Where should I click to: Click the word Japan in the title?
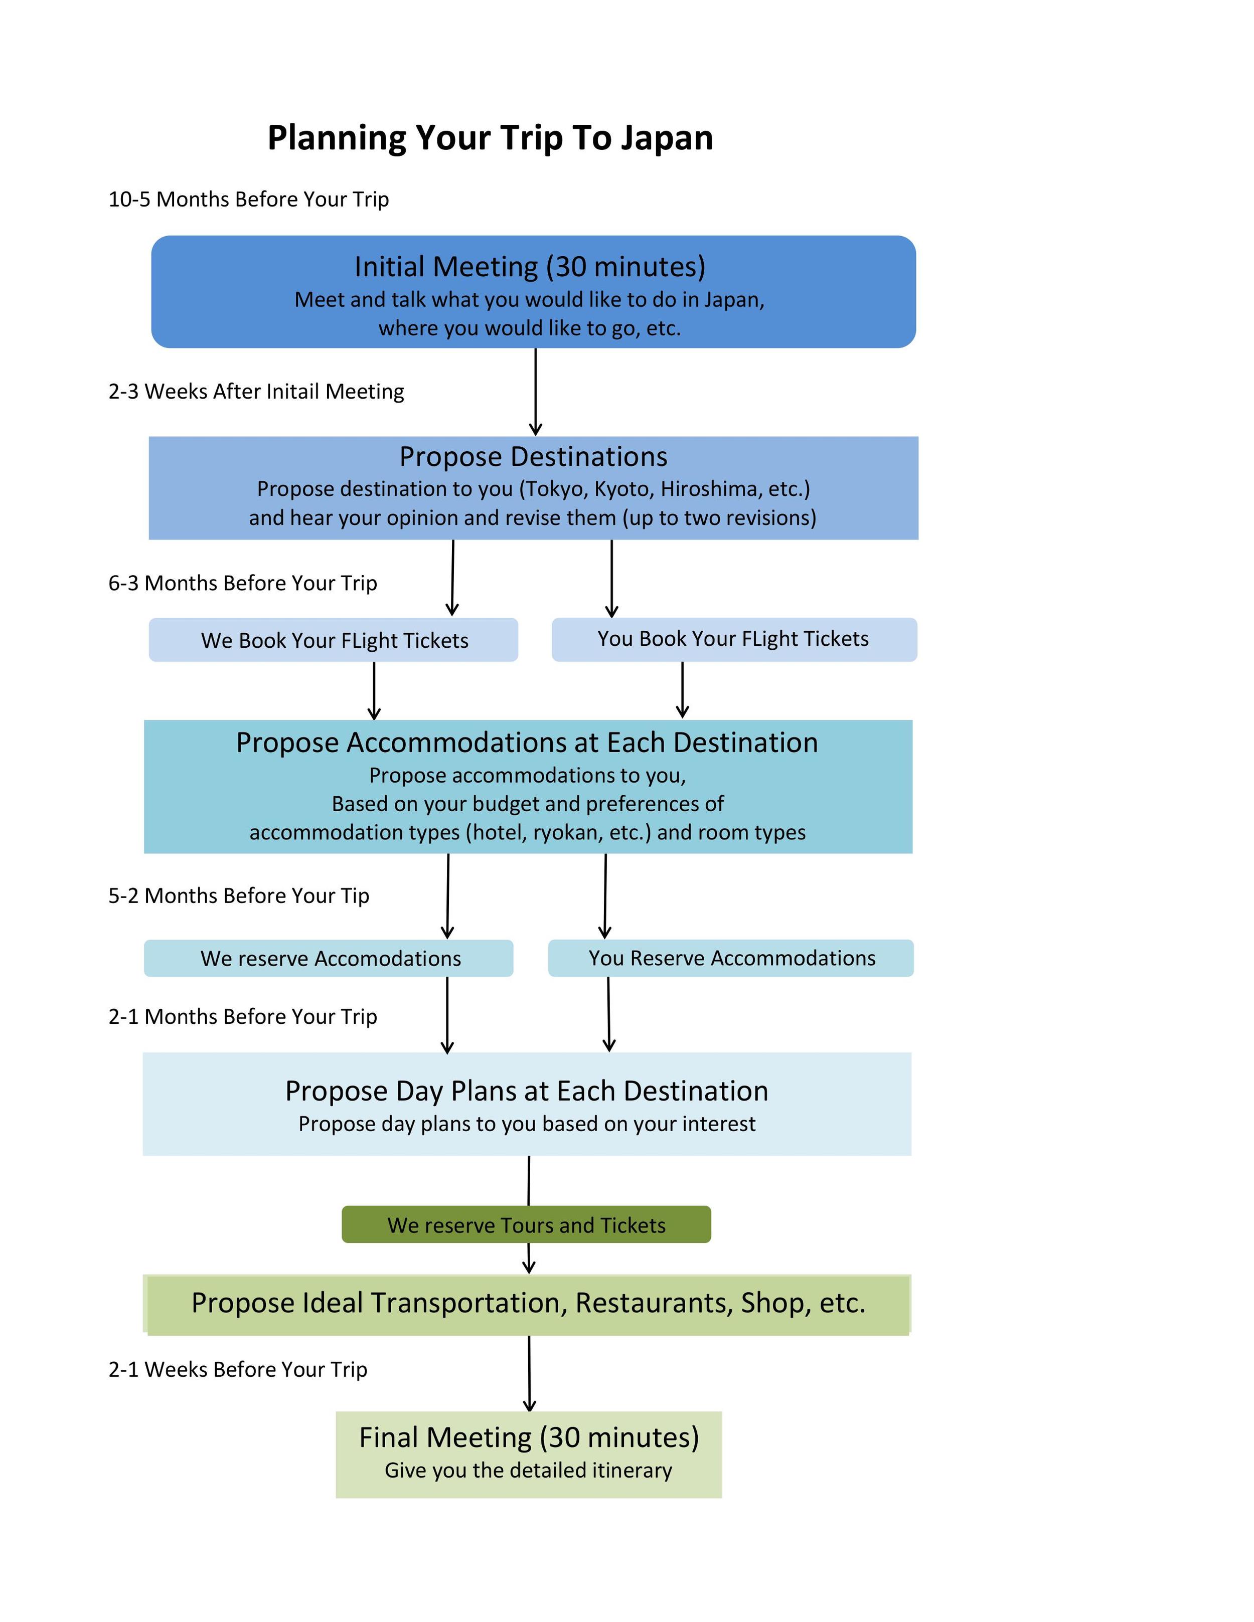click(x=667, y=139)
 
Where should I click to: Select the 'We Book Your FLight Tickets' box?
click(x=334, y=639)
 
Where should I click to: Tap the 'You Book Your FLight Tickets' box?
click(x=734, y=639)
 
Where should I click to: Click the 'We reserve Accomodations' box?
click(x=329, y=958)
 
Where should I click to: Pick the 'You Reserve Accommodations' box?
click(x=731, y=958)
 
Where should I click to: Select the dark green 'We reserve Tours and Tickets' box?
click(x=526, y=1225)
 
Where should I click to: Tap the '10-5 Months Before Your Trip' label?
click(x=249, y=199)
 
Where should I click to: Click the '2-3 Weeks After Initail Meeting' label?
click(x=256, y=392)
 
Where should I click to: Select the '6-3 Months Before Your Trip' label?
click(x=243, y=583)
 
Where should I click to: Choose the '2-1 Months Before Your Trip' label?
click(x=243, y=1016)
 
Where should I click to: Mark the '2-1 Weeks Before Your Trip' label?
click(x=238, y=1369)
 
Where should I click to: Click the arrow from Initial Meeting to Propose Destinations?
click(x=536, y=392)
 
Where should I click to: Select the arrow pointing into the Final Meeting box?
click(x=529, y=1373)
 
